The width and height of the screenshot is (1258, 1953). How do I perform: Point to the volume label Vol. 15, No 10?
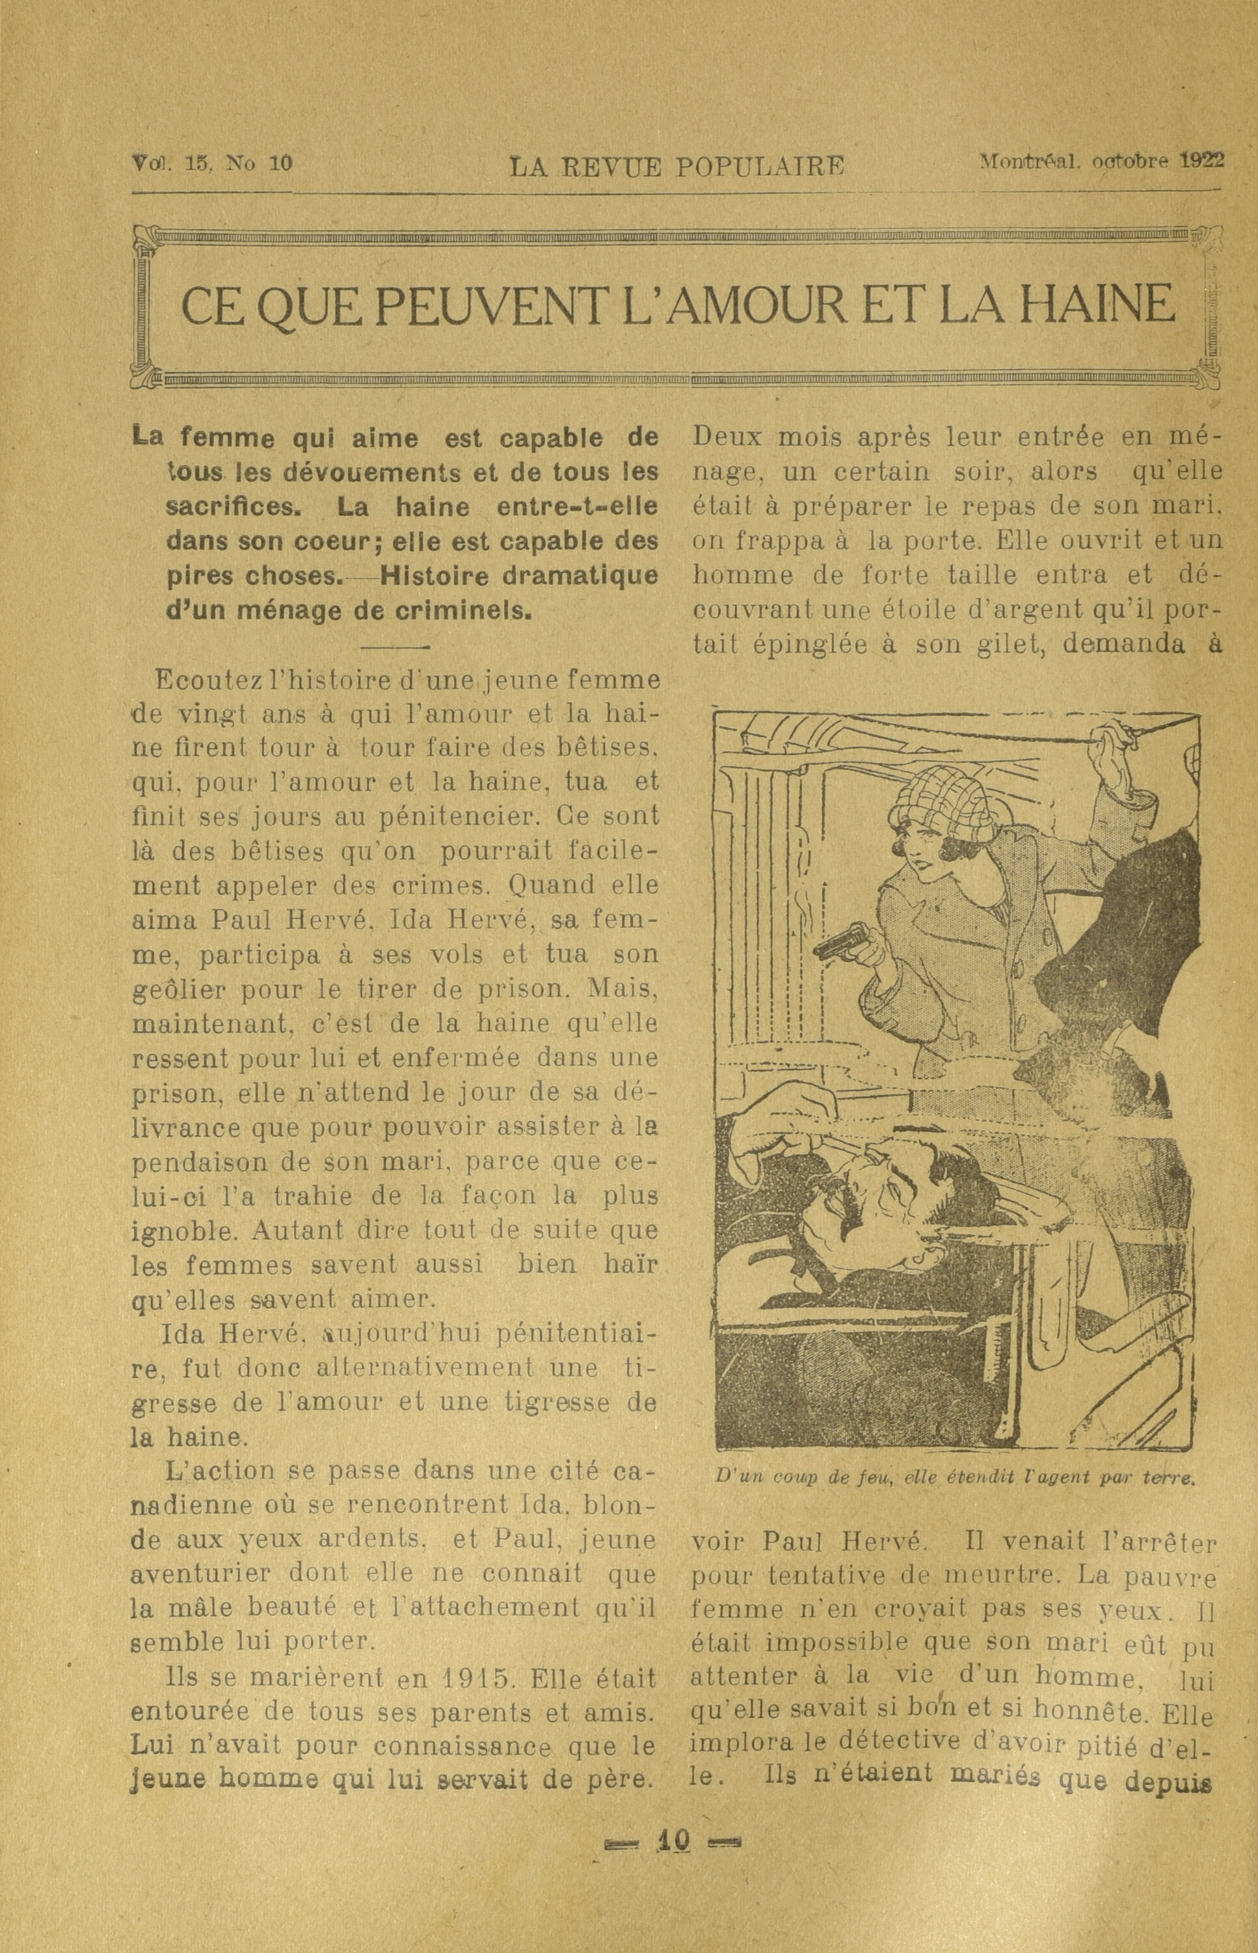pos(211,163)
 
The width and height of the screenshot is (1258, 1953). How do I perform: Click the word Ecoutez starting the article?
pos(194,680)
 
